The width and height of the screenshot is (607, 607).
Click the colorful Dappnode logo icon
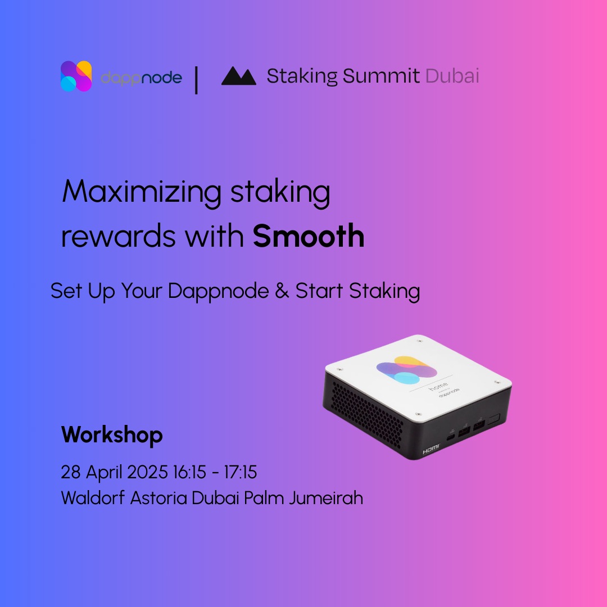coord(76,76)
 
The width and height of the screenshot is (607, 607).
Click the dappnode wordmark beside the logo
coord(141,78)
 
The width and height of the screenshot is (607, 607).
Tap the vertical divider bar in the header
coord(196,80)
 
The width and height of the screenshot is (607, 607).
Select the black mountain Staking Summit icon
coord(238,75)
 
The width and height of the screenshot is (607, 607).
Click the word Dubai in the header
coord(452,75)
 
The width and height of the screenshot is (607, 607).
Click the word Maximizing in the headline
coord(142,192)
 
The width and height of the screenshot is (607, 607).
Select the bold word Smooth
coord(309,235)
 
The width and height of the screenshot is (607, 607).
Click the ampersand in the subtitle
coord(282,291)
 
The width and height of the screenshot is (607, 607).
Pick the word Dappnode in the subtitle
coord(218,292)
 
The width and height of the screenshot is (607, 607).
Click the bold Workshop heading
coord(112,435)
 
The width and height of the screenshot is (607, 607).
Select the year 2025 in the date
coord(147,472)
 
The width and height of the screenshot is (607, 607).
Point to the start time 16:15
coord(189,472)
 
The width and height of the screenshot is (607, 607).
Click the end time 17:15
coord(241,472)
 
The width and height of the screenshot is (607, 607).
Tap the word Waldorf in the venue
coord(93,497)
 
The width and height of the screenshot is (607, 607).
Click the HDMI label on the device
coord(431,449)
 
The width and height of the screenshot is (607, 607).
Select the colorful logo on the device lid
coord(406,370)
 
